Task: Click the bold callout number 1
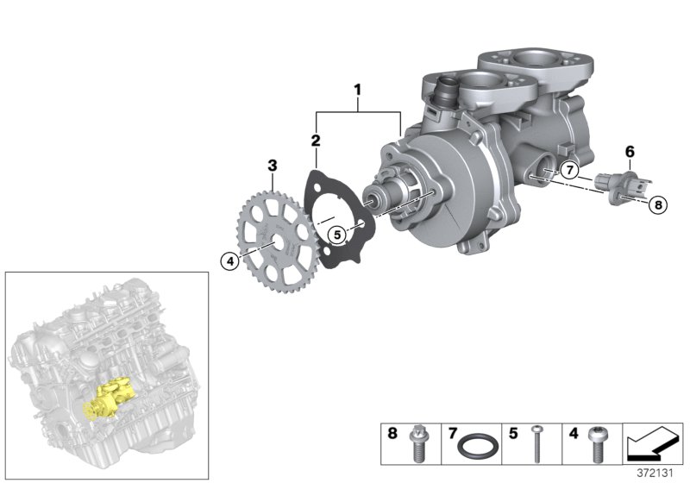[358, 88]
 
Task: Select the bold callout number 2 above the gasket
[316, 140]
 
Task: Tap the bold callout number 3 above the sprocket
[272, 164]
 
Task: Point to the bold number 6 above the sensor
[630, 152]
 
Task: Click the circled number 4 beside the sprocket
[229, 259]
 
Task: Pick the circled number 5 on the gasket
[337, 232]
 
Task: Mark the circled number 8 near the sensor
[657, 205]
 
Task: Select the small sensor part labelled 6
[620, 187]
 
